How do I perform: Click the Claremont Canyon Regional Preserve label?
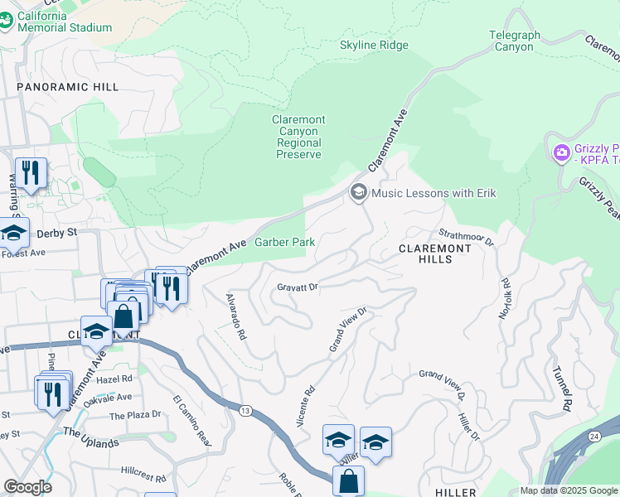pos(298,138)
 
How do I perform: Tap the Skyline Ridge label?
pos(374,45)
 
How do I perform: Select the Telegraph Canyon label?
pos(514,41)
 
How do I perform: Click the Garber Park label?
pos(284,242)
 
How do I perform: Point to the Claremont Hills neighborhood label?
pos(426,253)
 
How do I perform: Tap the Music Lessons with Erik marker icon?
pos(359,193)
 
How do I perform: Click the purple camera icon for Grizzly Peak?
pos(561,152)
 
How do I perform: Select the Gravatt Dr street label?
pos(297,287)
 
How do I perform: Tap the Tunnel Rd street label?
pos(563,389)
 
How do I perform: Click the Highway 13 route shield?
pos(246,410)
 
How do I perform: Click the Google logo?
pos(27,487)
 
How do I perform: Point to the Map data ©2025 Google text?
pos(568,490)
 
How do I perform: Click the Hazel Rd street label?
pos(114,379)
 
